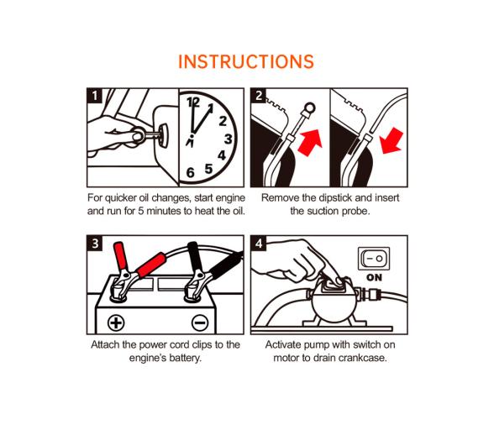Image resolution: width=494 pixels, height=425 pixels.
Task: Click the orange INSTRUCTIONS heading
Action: pos(246,61)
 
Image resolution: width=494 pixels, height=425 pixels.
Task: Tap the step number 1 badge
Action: pos(95,96)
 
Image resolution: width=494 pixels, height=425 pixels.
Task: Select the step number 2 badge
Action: pos(259,96)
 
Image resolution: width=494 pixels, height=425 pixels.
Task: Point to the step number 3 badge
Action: pos(95,244)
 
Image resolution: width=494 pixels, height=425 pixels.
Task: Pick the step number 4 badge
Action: pos(259,244)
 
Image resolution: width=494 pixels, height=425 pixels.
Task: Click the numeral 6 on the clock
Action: pos(190,173)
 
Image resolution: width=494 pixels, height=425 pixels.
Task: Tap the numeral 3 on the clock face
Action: pos(229,139)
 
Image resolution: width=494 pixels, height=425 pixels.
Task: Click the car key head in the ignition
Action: pos(164,136)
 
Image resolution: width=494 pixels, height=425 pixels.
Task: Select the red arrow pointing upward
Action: pos(310,143)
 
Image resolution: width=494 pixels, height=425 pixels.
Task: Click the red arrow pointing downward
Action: pos(392,140)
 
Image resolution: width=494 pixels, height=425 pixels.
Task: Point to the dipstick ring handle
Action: pos(308,108)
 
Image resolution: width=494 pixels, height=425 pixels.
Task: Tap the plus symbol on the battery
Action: pos(116,323)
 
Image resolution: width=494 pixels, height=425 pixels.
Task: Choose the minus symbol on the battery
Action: pos(200,323)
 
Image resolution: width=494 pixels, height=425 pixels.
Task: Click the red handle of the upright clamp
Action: pos(121,255)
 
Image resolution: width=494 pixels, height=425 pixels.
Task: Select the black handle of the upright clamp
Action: pos(195,256)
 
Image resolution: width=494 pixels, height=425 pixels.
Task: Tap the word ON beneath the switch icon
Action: pos(375,277)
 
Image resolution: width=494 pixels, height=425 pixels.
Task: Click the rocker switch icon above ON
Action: pos(374,259)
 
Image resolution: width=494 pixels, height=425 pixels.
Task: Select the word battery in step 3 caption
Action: pos(186,358)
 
